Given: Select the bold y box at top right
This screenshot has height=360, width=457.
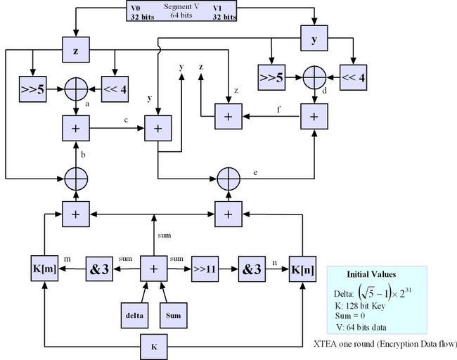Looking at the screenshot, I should [x=313, y=39].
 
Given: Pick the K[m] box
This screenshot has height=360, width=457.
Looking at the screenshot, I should [x=44, y=268].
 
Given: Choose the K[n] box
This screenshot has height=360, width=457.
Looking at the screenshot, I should [x=302, y=268].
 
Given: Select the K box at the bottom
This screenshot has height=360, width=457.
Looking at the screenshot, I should [x=153, y=347].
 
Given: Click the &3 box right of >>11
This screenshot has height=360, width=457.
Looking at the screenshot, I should [x=250, y=268].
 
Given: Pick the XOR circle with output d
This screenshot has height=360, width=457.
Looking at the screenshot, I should [x=313, y=75].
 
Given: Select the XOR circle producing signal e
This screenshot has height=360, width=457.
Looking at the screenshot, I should [x=228, y=178].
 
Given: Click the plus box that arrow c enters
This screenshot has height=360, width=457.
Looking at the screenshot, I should [x=157, y=128].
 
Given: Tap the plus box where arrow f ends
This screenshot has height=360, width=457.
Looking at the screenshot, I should [x=227, y=115].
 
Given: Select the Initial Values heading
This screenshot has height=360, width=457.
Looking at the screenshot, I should [x=371, y=274].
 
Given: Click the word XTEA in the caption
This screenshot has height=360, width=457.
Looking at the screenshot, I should [x=326, y=344].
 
